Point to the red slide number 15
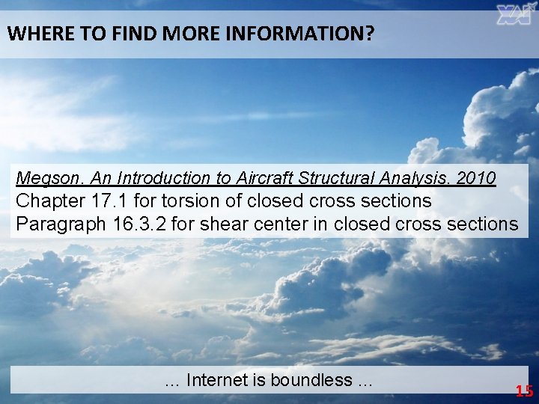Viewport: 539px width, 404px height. pyautogui.click(x=524, y=390)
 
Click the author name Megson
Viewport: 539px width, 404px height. pyautogui.click(x=43, y=179)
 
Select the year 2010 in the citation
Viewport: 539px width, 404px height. pyautogui.click(x=476, y=179)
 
